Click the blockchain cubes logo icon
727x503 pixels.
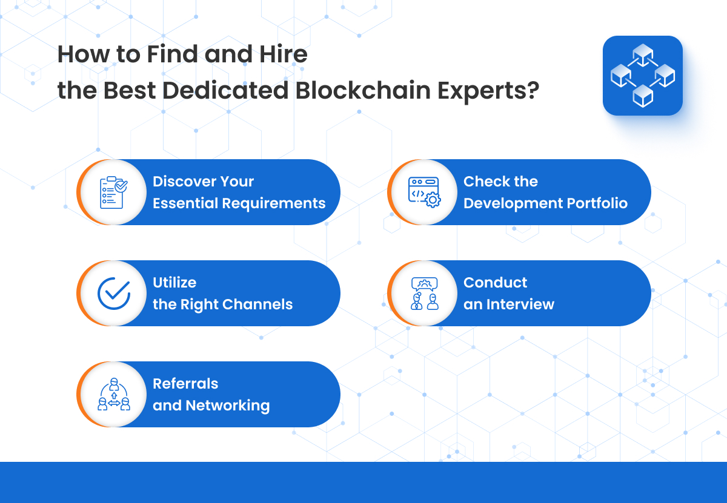click(x=643, y=76)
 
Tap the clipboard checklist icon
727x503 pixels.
click(x=113, y=192)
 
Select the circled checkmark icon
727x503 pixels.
click(x=114, y=294)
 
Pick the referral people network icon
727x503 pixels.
click(x=114, y=395)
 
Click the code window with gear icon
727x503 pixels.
click(x=424, y=192)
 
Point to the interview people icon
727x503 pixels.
click(x=424, y=294)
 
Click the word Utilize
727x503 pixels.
click(x=174, y=283)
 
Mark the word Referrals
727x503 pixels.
click(x=185, y=384)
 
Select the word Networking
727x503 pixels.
click(x=227, y=406)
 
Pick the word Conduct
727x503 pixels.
click(x=495, y=283)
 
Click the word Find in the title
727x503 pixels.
click(x=170, y=55)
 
